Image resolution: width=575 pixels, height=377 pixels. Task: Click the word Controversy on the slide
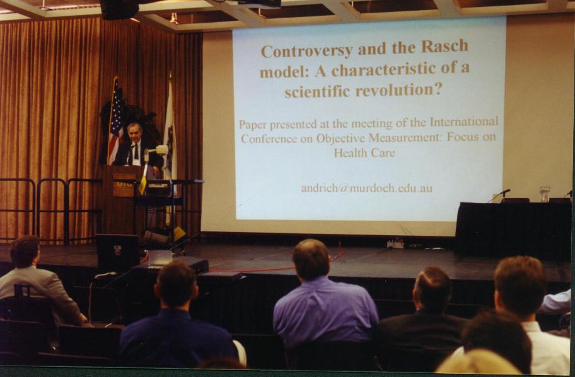[x=306, y=50]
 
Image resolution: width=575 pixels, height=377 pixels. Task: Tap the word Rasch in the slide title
[x=444, y=46]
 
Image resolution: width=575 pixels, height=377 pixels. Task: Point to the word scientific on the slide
[x=318, y=91]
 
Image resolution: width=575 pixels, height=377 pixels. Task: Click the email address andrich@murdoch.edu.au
[x=366, y=188]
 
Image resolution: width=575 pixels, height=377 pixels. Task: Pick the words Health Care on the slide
[x=364, y=153]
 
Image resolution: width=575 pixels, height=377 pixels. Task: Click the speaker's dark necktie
[x=135, y=152]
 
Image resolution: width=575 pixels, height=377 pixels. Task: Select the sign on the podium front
[x=124, y=185]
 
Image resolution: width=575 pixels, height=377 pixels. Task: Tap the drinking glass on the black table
[x=545, y=194]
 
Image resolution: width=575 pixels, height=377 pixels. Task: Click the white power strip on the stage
[x=395, y=244]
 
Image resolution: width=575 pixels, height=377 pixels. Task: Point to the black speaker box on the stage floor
[x=117, y=252]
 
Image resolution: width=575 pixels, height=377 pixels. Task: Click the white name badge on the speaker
[x=136, y=162]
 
